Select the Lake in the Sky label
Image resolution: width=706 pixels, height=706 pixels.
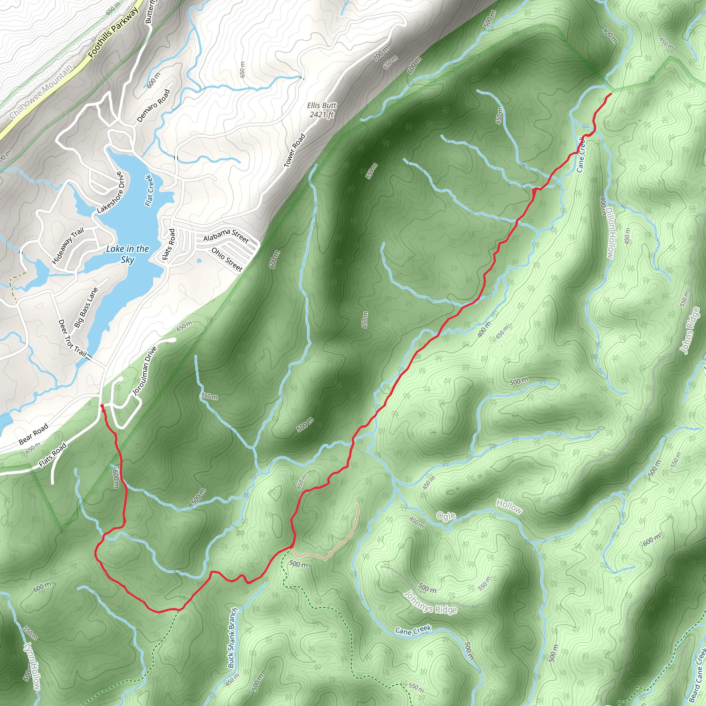[x=128, y=254]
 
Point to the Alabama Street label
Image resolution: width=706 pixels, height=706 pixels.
[x=226, y=235]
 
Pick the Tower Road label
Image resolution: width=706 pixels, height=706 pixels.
[x=294, y=151]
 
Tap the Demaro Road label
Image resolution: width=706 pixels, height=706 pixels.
[x=153, y=105]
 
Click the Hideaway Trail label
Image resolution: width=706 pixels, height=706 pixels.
[x=68, y=245]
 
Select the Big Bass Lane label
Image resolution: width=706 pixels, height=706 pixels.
[x=86, y=307]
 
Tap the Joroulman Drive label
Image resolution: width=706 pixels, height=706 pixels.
[x=144, y=371]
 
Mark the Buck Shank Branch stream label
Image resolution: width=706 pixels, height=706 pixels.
[x=232, y=638]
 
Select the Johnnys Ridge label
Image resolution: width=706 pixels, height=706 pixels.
[x=430, y=602]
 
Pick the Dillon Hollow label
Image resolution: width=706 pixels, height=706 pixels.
[x=611, y=232]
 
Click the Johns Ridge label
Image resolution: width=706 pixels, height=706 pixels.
[x=689, y=330]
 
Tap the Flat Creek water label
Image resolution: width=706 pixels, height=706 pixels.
[x=149, y=190]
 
